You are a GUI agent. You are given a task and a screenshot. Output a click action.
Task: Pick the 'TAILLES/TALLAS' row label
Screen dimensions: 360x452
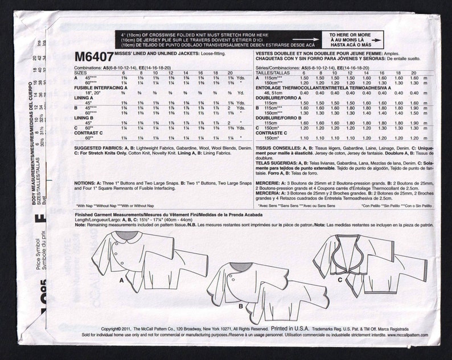[269, 72]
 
